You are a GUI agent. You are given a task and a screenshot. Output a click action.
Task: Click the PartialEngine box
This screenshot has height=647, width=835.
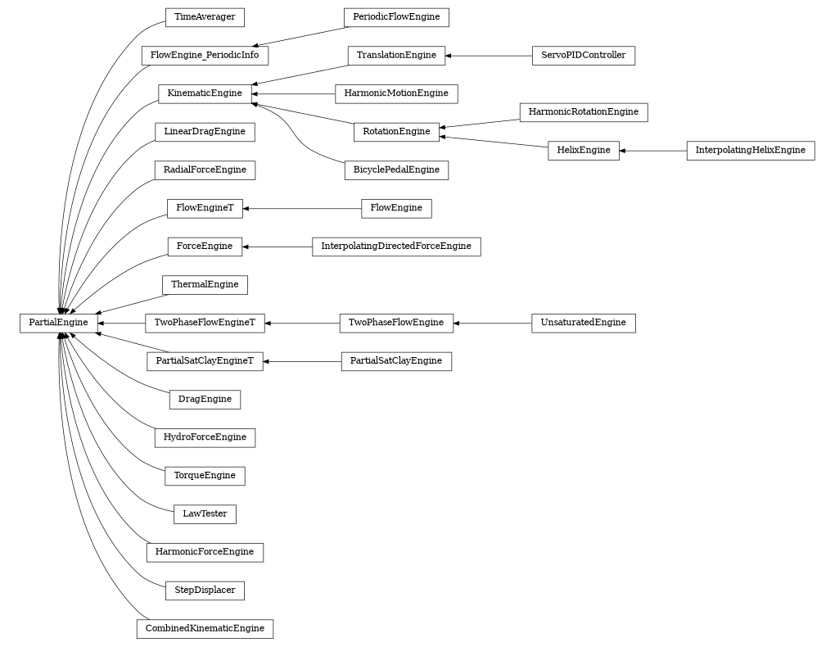pyautogui.click(x=58, y=323)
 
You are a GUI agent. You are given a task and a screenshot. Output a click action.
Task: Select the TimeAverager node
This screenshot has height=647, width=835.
pyautogui.click(x=205, y=16)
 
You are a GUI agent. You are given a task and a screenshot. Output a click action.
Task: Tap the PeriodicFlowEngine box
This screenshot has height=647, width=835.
pyautogui.click(x=396, y=16)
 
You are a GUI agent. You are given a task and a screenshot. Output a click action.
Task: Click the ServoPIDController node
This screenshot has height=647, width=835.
pyautogui.click(x=583, y=56)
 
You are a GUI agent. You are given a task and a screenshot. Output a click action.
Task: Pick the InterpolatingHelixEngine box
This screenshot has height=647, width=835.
pyautogui.click(x=750, y=151)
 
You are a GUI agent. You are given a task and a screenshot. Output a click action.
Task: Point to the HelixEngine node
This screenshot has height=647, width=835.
pyautogui.click(x=583, y=151)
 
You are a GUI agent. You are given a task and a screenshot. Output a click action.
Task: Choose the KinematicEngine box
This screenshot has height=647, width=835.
pyautogui.click(x=205, y=93)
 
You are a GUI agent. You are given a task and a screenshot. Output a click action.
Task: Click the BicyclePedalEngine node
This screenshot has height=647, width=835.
pyautogui.click(x=396, y=170)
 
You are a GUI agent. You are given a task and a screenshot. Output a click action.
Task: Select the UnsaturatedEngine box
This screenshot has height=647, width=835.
pyautogui.click(x=583, y=323)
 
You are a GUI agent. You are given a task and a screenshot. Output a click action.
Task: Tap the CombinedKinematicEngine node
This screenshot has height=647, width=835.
pyautogui.click(x=205, y=629)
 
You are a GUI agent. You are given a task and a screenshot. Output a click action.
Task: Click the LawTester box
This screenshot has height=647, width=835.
pyautogui.click(x=205, y=514)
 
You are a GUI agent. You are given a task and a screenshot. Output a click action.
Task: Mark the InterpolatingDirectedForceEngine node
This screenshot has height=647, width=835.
pyautogui.click(x=396, y=247)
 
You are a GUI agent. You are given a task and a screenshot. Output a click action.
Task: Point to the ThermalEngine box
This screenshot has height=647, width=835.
pyautogui.click(x=205, y=285)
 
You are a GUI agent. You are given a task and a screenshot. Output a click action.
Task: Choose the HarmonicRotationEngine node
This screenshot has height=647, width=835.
pyautogui.click(x=583, y=111)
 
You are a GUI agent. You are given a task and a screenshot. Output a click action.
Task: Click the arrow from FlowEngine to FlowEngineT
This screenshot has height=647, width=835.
pyautogui.click(x=302, y=209)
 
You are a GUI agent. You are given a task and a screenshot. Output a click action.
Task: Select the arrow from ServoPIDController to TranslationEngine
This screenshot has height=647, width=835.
pyautogui.click(x=488, y=56)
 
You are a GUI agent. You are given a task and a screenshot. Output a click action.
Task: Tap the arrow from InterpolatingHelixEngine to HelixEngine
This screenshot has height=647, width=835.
pyautogui.click(x=652, y=151)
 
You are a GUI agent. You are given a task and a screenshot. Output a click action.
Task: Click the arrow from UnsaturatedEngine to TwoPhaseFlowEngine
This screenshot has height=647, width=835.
pyautogui.click(x=492, y=323)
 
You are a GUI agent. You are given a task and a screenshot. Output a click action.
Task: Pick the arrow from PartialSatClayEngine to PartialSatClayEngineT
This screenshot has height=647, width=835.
pyautogui.click(x=302, y=361)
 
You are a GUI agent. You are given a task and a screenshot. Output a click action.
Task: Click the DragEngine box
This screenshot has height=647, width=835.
pyautogui.click(x=205, y=400)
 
